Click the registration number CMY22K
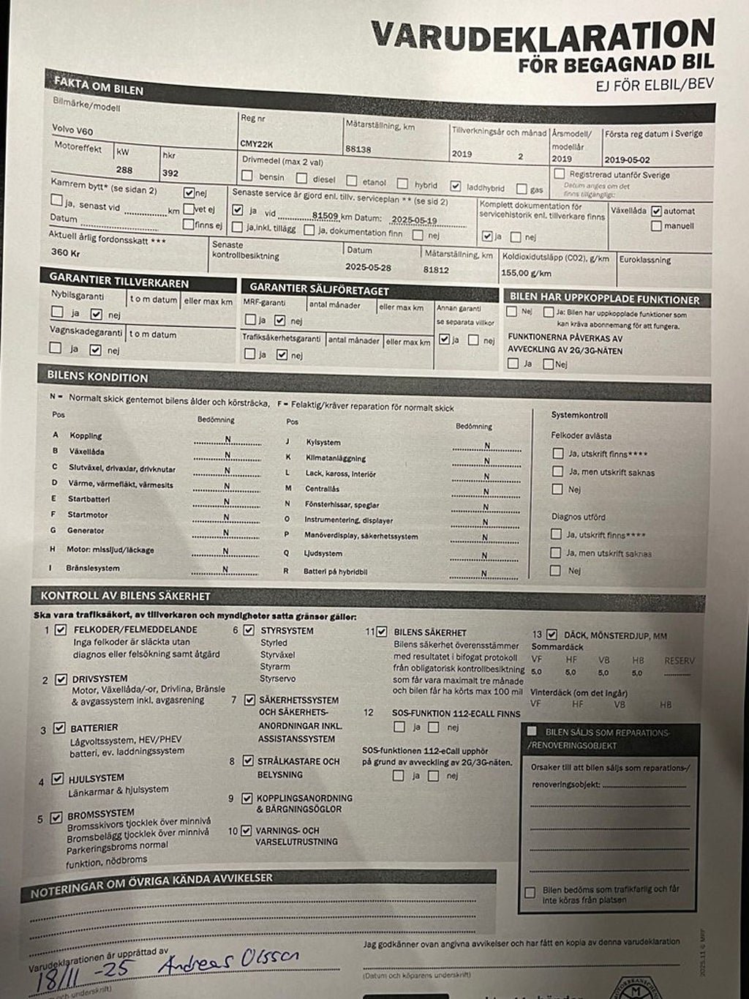tap(257, 143)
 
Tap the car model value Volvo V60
tap(72, 130)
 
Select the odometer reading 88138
tap(358, 148)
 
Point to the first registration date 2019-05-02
tap(627, 159)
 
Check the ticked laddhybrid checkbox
tap(456, 186)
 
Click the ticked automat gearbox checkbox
tap(656, 211)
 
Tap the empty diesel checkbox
tap(301, 177)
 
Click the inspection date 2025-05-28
tap(369, 267)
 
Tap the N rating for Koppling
tap(228, 439)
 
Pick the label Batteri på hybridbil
tap(335, 571)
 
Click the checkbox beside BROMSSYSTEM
tap(56, 818)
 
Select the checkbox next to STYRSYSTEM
tap(249, 630)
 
